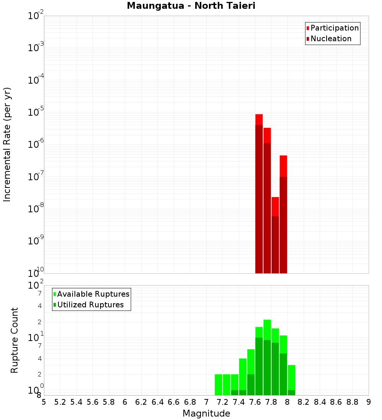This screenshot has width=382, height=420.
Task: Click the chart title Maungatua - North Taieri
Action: click(191, 6)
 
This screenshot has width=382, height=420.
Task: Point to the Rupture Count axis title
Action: click(15, 340)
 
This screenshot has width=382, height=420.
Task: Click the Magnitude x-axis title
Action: click(206, 414)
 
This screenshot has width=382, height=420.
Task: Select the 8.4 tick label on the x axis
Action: click(320, 402)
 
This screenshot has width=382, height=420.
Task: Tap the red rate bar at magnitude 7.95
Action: click(283, 214)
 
